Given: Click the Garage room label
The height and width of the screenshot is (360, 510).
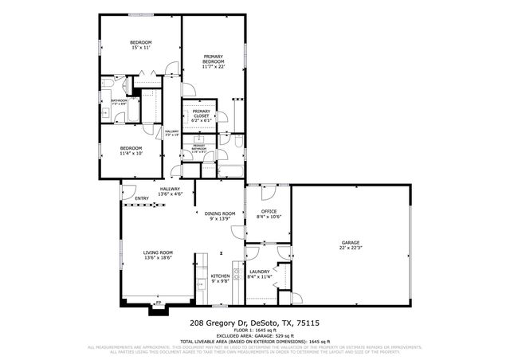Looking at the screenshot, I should [351, 245].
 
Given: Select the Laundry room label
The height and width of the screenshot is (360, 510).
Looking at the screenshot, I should [259, 274].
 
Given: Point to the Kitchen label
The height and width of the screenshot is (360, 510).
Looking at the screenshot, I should [220, 278].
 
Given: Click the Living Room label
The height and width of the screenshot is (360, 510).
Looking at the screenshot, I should [158, 255].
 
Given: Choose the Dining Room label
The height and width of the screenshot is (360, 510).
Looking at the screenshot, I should [220, 215].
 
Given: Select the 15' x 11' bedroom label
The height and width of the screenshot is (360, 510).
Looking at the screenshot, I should [141, 45].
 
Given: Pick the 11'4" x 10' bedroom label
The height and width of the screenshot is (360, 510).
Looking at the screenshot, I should [131, 151].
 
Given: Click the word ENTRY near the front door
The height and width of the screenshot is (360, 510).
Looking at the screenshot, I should [142, 198].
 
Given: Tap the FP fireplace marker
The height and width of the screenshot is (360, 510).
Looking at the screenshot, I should [158, 303].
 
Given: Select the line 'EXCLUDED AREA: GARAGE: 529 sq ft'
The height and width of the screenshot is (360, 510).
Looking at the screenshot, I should [254, 336].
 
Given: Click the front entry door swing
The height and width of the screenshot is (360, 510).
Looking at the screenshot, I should [127, 191].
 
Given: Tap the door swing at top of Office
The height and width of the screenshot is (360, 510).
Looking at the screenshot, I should [268, 192].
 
